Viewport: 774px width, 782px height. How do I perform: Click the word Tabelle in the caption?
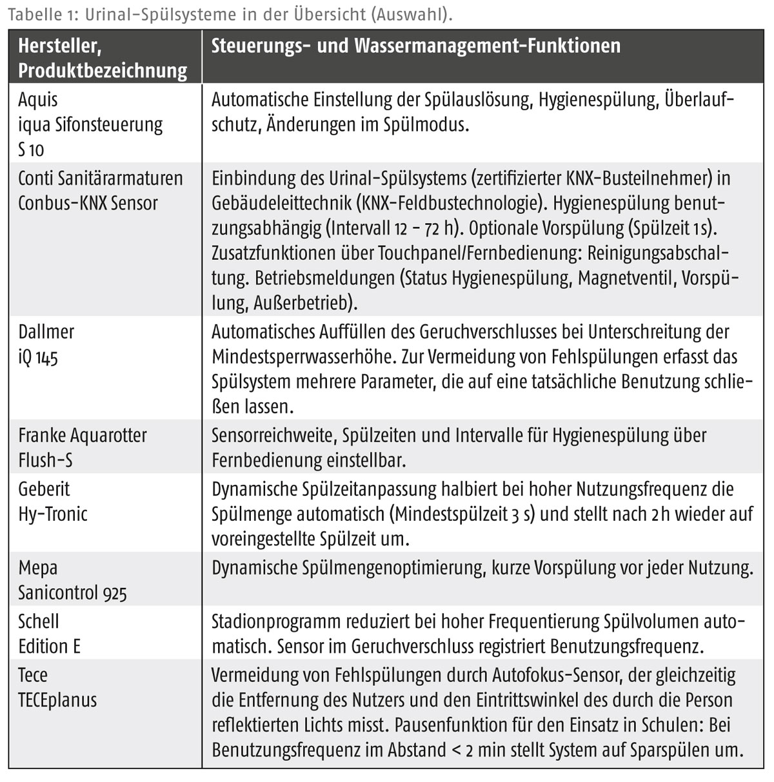coord(30,14)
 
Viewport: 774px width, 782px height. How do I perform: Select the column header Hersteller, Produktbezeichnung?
coord(102,58)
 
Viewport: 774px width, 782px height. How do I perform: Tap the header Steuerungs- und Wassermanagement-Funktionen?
coord(416,46)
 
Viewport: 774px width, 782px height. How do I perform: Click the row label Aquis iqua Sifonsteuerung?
coord(90,112)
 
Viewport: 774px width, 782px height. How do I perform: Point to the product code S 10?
coord(31,150)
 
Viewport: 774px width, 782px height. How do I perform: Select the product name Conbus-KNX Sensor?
coord(88,203)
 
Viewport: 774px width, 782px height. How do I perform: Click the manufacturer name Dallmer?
coord(46,332)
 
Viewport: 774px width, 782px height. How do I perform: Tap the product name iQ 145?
coord(38,357)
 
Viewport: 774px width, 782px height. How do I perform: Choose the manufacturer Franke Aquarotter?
coord(82,436)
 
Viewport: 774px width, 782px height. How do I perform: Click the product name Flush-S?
coord(45,461)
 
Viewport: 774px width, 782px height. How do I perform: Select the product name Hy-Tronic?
coord(52,514)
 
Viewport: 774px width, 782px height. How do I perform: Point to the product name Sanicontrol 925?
coord(72,593)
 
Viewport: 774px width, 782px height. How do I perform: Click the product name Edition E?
coord(49,647)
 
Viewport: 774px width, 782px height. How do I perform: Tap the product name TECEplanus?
coord(57,700)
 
